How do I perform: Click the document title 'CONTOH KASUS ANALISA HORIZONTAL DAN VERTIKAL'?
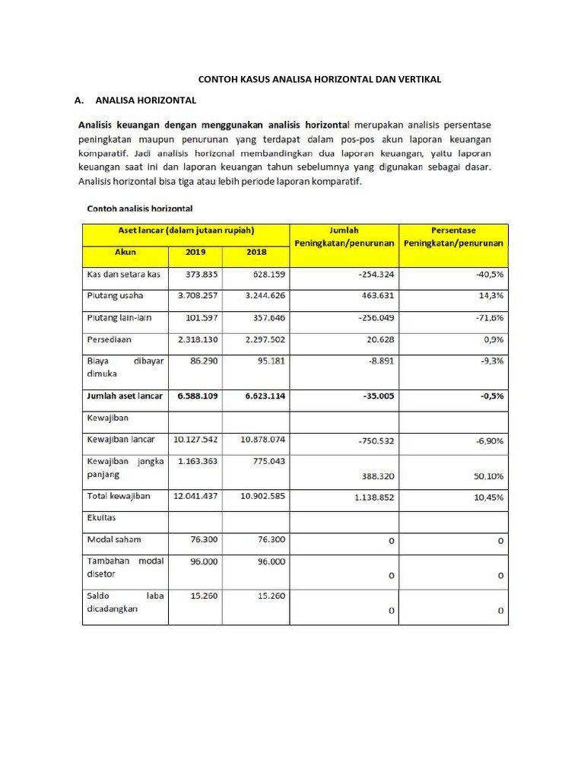[x=319, y=78]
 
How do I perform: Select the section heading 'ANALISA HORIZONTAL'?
[x=146, y=100]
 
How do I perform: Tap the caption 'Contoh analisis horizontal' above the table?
[x=140, y=208]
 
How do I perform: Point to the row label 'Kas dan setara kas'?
[x=123, y=275]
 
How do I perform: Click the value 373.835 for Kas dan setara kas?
[x=197, y=275]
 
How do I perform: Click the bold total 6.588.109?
[x=197, y=396]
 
